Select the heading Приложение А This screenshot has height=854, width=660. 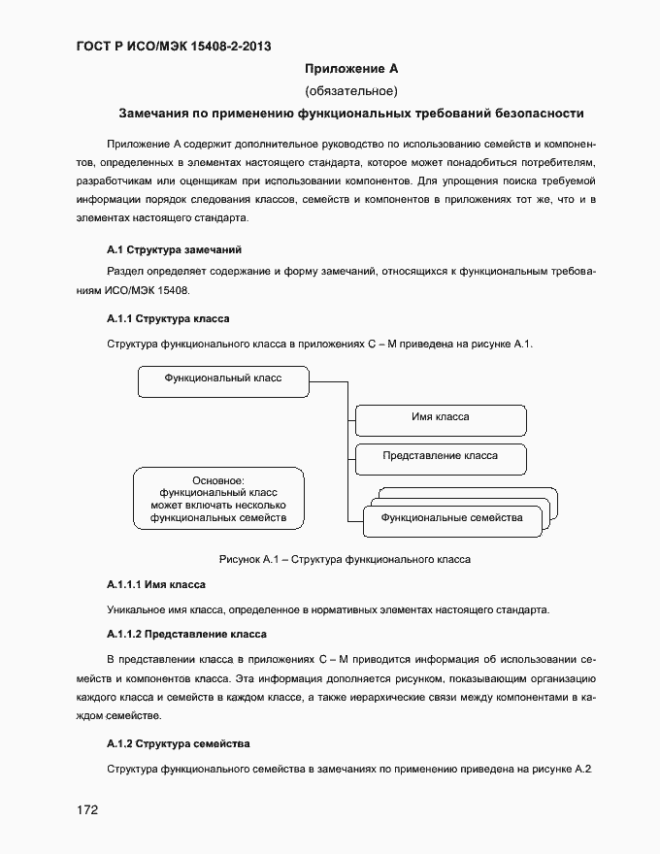click(x=351, y=69)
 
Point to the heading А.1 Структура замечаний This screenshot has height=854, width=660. click(x=167, y=249)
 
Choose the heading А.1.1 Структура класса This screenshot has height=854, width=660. click(x=167, y=318)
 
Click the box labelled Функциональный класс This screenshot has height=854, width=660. click(x=223, y=380)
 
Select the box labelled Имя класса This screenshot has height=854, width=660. click(x=440, y=419)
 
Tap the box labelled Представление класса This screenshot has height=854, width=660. click(x=440, y=456)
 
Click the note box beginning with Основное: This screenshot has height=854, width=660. click(x=218, y=499)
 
